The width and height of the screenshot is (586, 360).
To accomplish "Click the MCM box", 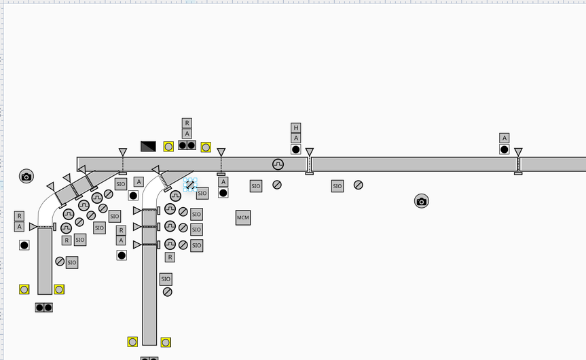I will tap(243, 217).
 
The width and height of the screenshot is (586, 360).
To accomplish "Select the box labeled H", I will tap(295, 128).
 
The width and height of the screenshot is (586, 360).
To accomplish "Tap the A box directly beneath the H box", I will tap(295, 138).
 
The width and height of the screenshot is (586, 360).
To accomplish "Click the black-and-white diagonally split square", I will tap(148, 146).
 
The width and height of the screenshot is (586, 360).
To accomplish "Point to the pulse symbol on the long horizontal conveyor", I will tap(278, 164).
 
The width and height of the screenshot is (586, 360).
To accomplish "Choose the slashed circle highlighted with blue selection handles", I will tap(190, 185).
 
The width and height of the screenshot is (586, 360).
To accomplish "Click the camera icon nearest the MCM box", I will tap(421, 201).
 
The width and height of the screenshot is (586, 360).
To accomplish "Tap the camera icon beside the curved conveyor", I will tap(26, 177).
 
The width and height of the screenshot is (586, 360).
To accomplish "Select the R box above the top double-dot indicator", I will tap(187, 124).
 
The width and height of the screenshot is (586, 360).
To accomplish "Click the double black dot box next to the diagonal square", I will tap(187, 145).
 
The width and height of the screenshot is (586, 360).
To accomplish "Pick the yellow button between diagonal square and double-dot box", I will tap(168, 146).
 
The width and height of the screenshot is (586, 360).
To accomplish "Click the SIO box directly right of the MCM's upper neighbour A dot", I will tap(255, 186).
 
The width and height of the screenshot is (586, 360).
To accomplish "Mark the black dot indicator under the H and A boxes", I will tap(295, 149).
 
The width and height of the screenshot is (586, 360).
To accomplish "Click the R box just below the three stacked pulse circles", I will tap(170, 257).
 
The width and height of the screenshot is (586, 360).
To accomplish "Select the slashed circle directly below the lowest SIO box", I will tap(167, 291).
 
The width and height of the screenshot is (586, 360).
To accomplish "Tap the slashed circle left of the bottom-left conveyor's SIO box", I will tap(60, 262).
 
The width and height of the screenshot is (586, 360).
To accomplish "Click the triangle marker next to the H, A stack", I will tap(310, 152).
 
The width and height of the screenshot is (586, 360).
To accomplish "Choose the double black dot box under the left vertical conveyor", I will tap(44, 308).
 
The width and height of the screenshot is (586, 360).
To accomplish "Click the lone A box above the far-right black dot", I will tap(504, 138).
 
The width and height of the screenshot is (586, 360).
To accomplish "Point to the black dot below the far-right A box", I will tap(504, 149).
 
